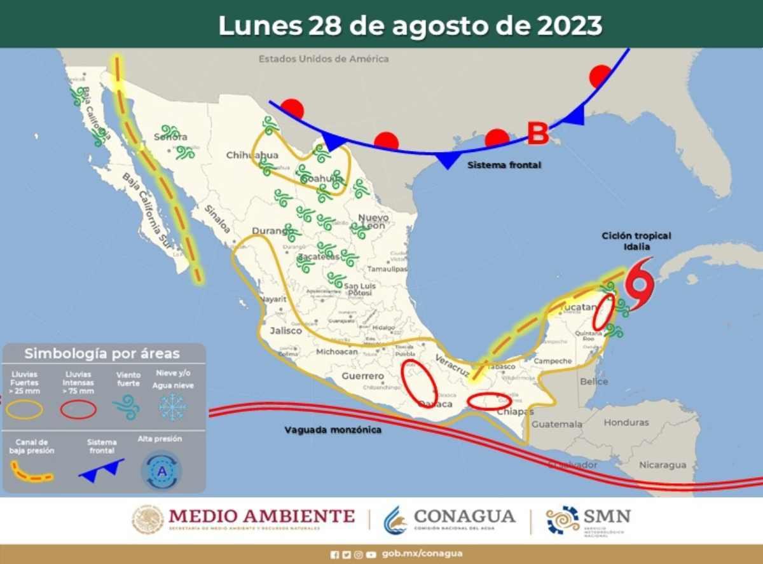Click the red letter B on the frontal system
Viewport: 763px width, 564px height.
pyautogui.click(x=538, y=134)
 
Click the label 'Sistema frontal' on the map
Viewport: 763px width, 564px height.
pyautogui.click(x=504, y=165)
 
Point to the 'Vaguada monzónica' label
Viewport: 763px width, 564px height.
pyautogui.click(x=333, y=430)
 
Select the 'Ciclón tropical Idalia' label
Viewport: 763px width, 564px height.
pyautogui.click(x=636, y=241)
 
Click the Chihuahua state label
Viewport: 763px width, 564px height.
pyautogui.click(x=252, y=156)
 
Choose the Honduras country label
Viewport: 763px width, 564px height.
pyautogui.click(x=626, y=423)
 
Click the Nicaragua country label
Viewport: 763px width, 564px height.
pyautogui.click(x=663, y=465)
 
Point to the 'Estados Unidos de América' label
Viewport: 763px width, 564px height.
pyautogui.click(x=323, y=59)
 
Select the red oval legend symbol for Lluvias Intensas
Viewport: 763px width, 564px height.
pyautogui.click(x=78, y=410)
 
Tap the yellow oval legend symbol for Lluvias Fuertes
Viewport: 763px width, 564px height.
pyautogui.click(x=25, y=410)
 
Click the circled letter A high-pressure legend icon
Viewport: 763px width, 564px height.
pyautogui.click(x=162, y=471)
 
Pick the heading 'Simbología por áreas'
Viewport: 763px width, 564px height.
pyautogui.click(x=102, y=354)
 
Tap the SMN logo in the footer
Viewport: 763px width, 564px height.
pyautogui.click(x=588, y=519)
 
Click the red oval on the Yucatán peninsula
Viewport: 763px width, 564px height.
pyautogui.click(x=603, y=312)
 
